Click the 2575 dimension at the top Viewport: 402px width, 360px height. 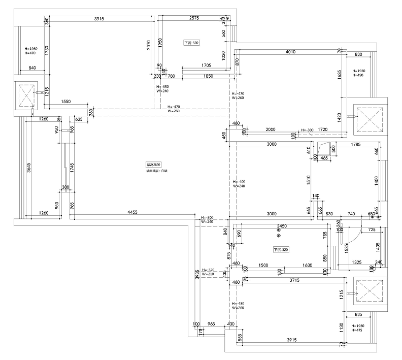point(194,18)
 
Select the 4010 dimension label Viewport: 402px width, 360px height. point(290,52)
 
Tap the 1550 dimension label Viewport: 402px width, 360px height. point(65,102)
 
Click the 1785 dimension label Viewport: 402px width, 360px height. point(356,145)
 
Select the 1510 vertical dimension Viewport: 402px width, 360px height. point(308,179)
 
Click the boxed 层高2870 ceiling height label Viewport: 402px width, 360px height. point(153,165)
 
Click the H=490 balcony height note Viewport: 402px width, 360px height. point(358,76)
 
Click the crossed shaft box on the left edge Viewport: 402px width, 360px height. point(26,94)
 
